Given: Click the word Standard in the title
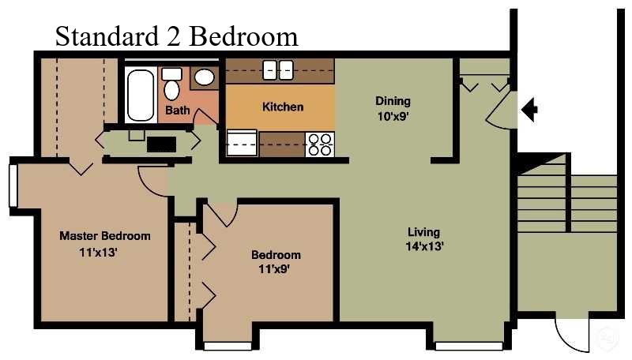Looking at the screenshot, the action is (107, 36).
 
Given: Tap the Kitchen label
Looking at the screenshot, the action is (283, 107).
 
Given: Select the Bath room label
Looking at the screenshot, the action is (177, 110).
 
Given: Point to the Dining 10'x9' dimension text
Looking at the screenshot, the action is (393, 116).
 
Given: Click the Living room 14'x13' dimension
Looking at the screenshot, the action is (424, 246).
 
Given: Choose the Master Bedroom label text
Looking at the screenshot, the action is (105, 235).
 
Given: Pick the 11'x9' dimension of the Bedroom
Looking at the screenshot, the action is (274, 268).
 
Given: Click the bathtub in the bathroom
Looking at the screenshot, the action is (141, 95).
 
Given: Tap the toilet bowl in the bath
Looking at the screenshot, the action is (172, 90).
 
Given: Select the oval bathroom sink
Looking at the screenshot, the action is (205, 77).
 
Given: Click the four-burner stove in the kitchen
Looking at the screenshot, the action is (320, 144).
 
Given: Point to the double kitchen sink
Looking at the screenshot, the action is (278, 70).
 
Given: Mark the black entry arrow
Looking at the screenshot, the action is (529, 109).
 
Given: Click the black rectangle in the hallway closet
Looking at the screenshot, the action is (161, 144).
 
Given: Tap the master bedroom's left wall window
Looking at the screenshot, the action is (13, 186).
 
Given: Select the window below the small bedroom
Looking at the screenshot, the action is (228, 346).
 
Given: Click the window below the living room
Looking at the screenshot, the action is (468, 346).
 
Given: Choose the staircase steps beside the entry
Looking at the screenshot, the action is (566, 203).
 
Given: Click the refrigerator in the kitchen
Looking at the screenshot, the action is (242, 143).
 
